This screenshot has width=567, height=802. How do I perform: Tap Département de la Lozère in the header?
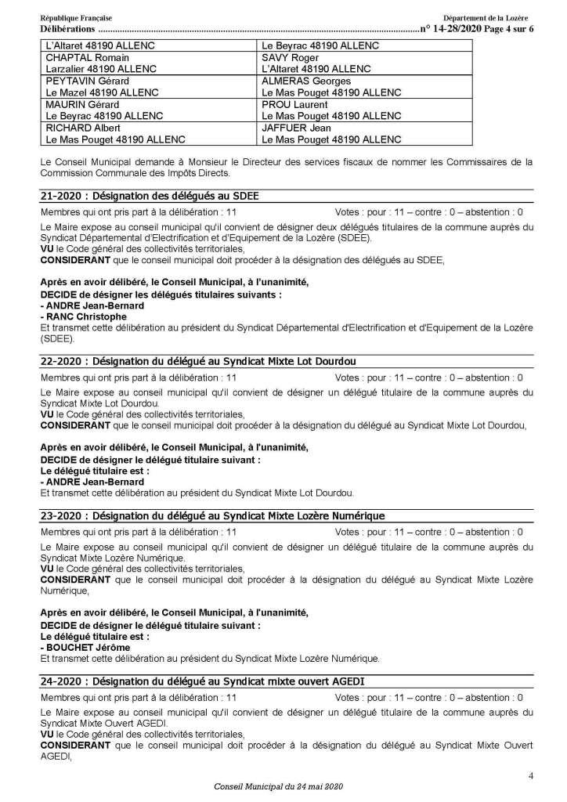[x=487, y=17]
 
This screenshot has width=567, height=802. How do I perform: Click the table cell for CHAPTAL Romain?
[x=148, y=63]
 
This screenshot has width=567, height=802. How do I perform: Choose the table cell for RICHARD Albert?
[x=148, y=134]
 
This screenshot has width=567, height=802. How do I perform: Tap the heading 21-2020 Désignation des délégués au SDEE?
[x=149, y=197]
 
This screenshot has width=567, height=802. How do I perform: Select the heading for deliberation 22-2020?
[x=197, y=361]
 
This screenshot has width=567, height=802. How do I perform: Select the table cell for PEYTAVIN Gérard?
[x=148, y=87]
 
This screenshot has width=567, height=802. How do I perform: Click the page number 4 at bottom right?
[x=531, y=776]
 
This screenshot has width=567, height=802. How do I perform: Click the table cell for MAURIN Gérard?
[x=148, y=110]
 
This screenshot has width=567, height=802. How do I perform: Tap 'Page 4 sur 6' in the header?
[x=500, y=28]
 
